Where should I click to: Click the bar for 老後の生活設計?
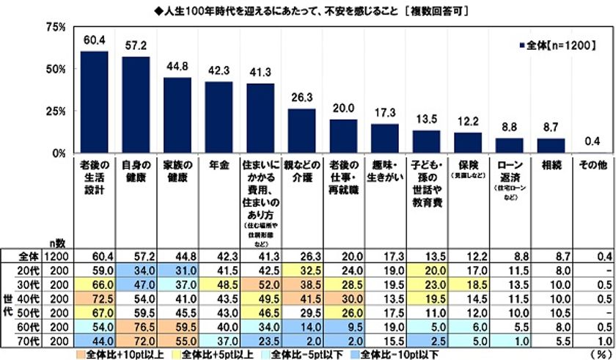click(94, 102)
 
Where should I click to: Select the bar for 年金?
click(219, 117)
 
